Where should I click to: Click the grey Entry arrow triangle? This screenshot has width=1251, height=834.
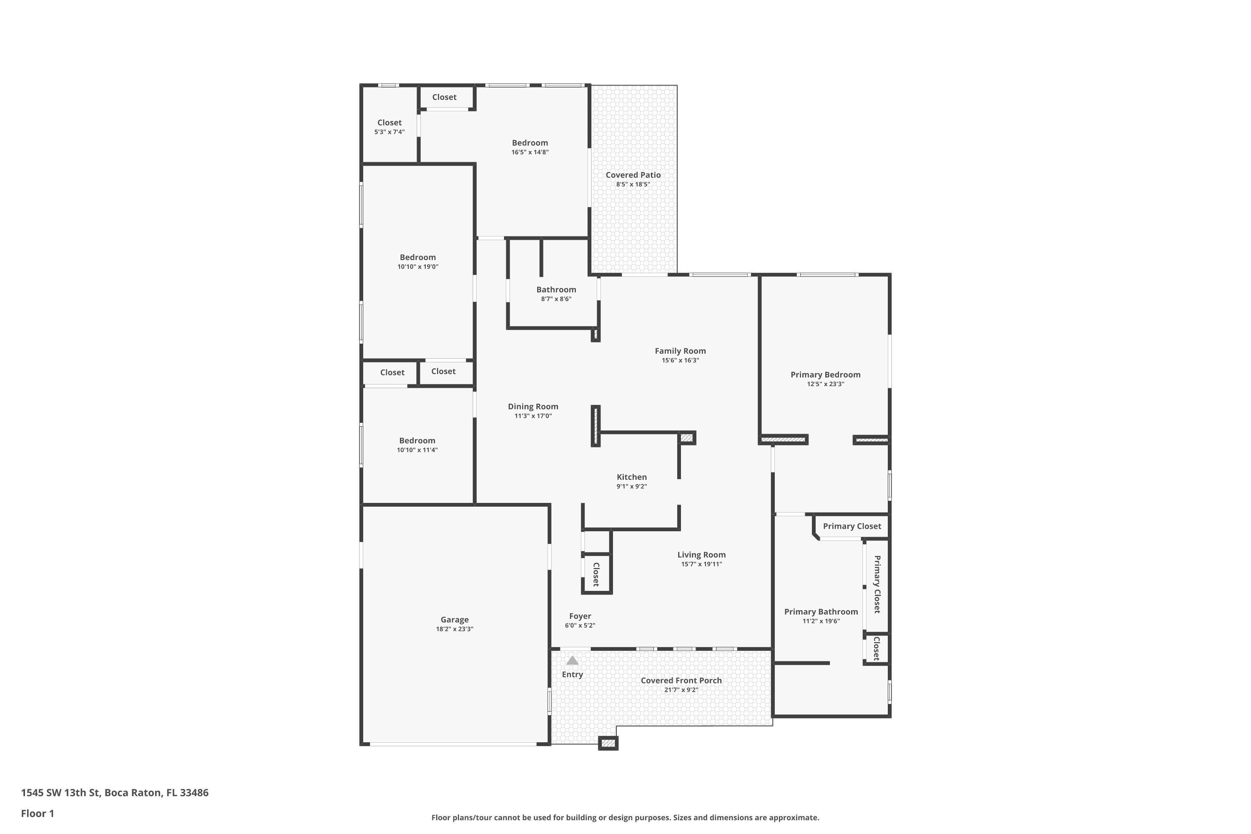(572, 661)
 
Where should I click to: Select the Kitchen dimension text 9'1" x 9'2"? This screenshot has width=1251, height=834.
(631, 487)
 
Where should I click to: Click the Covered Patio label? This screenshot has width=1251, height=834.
(633, 175)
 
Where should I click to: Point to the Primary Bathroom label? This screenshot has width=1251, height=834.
(821, 612)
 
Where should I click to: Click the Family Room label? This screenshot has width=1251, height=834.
(680, 351)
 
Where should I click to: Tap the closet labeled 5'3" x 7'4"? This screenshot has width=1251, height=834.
(389, 127)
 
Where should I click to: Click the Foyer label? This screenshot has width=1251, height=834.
(580, 616)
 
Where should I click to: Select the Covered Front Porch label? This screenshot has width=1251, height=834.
(681, 680)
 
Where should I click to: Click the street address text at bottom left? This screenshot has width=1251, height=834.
(114, 793)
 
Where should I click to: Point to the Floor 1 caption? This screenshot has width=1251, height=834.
(37, 813)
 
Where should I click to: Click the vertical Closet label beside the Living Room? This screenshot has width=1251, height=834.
(596, 574)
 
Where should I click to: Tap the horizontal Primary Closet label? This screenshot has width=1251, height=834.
(852, 526)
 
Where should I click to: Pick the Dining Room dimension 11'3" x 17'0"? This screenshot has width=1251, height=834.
(533, 416)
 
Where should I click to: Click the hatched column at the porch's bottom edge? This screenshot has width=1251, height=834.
(608, 743)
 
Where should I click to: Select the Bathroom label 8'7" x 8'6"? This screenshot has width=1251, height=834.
(556, 294)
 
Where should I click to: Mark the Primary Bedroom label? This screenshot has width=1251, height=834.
(825, 374)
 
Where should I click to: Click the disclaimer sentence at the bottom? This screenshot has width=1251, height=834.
(625, 817)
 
